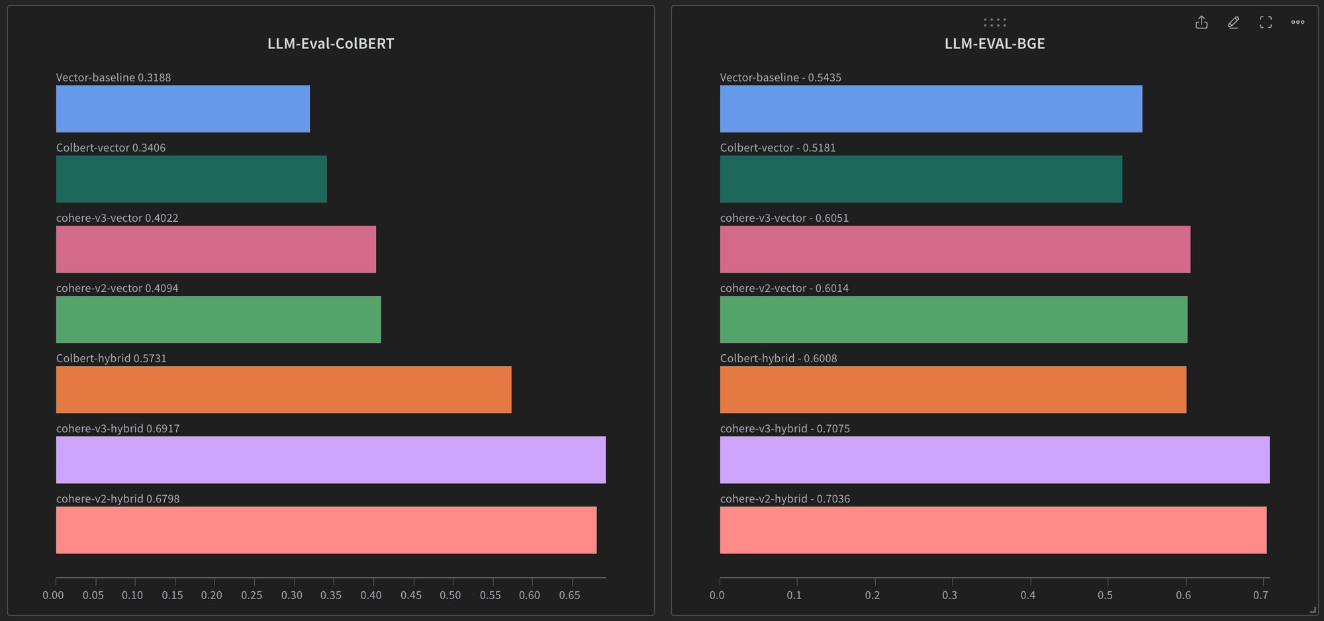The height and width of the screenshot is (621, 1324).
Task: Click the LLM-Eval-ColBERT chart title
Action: tap(330, 44)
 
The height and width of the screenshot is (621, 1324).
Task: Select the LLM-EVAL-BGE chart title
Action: tap(994, 44)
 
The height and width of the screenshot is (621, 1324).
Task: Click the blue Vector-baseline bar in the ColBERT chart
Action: tap(183, 109)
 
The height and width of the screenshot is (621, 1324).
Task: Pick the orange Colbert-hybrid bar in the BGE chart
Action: tap(953, 389)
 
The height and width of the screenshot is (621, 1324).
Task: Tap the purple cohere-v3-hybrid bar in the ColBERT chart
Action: tap(330, 459)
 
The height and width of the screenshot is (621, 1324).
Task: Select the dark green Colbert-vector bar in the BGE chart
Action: tap(921, 179)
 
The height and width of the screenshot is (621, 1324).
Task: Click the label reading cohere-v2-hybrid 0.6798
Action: tap(118, 499)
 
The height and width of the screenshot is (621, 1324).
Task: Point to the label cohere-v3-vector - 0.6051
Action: tap(784, 218)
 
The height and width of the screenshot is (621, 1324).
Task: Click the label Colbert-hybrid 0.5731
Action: tap(111, 358)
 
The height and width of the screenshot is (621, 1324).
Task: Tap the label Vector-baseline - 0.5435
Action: tap(780, 77)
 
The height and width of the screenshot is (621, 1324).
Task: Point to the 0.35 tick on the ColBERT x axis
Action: tap(331, 595)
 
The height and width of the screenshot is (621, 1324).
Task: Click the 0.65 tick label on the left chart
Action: tap(569, 595)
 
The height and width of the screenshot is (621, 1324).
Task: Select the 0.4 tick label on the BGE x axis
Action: tap(1027, 595)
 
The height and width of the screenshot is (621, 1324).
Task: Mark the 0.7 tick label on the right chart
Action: tap(1260, 595)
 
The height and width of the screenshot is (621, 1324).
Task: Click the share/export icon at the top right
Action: tap(1202, 23)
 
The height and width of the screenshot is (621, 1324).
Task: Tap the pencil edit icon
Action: tap(1233, 23)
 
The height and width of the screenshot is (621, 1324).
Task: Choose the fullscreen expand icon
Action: tap(1266, 23)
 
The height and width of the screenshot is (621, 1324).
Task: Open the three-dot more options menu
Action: tap(1298, 23)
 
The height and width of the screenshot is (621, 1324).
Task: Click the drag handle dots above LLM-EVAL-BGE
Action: tap(994, 23)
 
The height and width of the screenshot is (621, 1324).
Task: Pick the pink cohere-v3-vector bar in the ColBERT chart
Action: tap(216, 249)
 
